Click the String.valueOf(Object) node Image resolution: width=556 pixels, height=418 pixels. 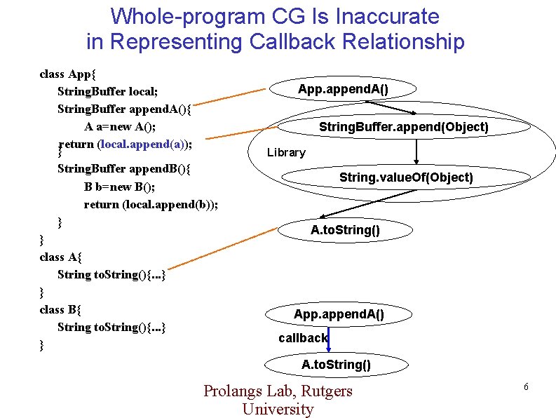[406, 177]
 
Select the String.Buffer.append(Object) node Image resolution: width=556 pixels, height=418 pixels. [403, 127]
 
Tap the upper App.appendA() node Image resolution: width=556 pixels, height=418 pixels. [343, 88]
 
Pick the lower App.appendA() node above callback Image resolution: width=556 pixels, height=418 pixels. [339, 314]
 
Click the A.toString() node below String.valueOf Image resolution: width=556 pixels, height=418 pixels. [345, 229]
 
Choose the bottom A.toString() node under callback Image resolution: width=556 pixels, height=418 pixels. [336, 364]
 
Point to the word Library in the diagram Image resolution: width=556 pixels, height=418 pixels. [286, 152]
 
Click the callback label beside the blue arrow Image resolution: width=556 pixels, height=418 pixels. [302, 338]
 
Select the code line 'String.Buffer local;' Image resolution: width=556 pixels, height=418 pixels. [107, 91]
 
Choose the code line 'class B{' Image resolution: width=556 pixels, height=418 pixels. [61, 309]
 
